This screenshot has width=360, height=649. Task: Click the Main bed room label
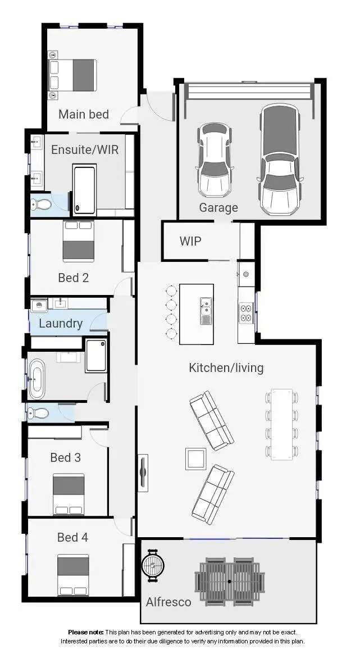click(x=83, y=114)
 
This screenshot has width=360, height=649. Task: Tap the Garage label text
click(x=218, y=208)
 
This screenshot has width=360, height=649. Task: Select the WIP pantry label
click(x=190, y=241)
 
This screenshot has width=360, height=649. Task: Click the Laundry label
click(x=61, y=324)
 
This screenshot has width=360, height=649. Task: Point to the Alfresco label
click(x=168, y=602)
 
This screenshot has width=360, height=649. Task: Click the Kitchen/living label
click(x=226, y=368)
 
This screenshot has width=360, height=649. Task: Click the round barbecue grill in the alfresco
click(x=152, y=564)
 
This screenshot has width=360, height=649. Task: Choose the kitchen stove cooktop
click(x=246, y=312)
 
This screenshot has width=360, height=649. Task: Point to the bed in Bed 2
click(x=78, y=241)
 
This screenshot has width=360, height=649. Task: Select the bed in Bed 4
click(x=73, y=574)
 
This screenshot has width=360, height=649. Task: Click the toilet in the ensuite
click(x=41, y=205)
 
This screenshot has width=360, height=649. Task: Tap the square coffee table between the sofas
click(x=195, y=459)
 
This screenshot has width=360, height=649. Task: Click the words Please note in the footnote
click(x=86, y=633)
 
